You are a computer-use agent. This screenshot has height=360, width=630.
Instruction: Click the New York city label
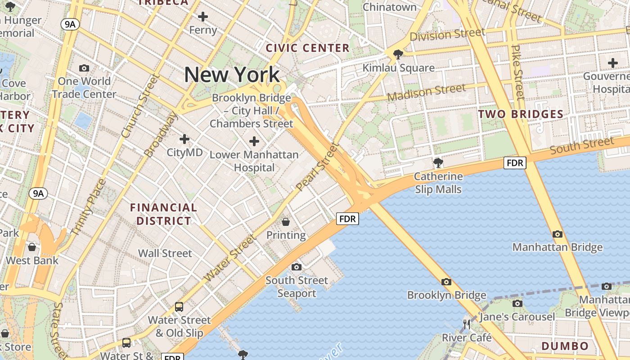pos(232,75)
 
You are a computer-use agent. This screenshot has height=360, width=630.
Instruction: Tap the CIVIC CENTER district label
pos(308,48)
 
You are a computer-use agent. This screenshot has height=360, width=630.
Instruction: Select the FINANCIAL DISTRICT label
pos(164,214)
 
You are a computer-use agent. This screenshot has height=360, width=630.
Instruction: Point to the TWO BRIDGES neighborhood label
pos(521,114)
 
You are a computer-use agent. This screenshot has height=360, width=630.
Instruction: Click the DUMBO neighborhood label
pos(565,346)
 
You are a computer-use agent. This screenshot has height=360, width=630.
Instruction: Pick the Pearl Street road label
pos(317,166)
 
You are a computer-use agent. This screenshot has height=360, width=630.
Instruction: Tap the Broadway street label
pos(161,134)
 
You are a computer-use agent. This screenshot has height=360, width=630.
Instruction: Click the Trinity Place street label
pos(88,207)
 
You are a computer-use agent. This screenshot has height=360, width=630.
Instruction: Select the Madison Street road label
pos(426,93)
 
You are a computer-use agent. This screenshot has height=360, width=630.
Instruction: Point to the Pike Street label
pos(519,72)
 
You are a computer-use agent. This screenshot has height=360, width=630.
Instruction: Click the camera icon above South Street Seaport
pos(296,267)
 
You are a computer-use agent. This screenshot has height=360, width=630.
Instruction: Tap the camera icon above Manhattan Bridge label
pos(557,234)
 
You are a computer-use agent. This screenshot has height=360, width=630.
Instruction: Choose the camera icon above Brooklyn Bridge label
pos(446,282)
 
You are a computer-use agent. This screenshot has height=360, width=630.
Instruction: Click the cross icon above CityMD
pos(184,139)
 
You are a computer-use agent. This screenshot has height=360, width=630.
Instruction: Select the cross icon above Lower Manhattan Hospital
pos(254,141)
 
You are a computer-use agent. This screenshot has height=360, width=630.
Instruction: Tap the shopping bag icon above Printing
pos(285,221)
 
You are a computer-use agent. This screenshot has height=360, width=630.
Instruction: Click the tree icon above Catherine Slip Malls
pos(437,162)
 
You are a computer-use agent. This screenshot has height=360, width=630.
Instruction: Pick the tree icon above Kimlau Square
pos(398,54)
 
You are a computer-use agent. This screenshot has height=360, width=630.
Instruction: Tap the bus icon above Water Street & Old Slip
pos(179,307)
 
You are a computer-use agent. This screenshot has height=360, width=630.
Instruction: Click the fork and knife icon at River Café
pos(467,324)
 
